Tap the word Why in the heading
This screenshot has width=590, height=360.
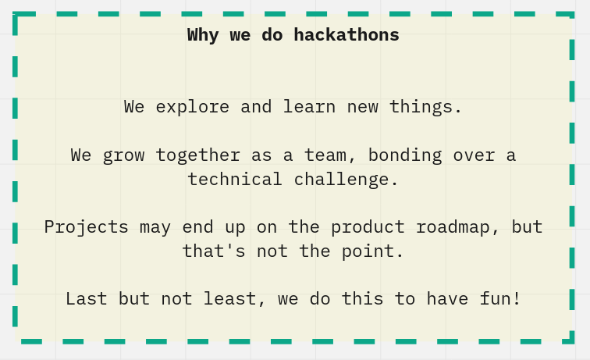point(203,35)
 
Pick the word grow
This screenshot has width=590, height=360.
point(124,155)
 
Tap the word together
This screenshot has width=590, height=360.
point(198,155)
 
